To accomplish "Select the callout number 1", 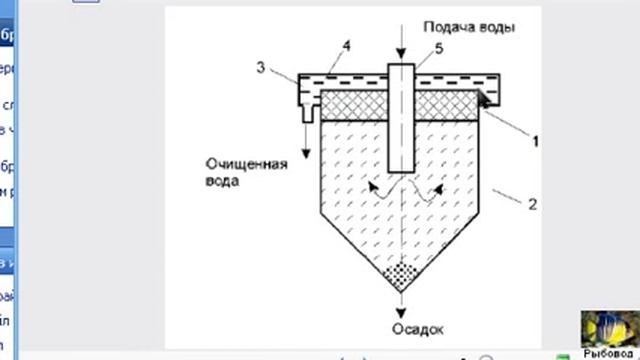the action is pyautogui.click(x=535, y=140).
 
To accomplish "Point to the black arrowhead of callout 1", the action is pyautogui.click(x=484, y=97).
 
